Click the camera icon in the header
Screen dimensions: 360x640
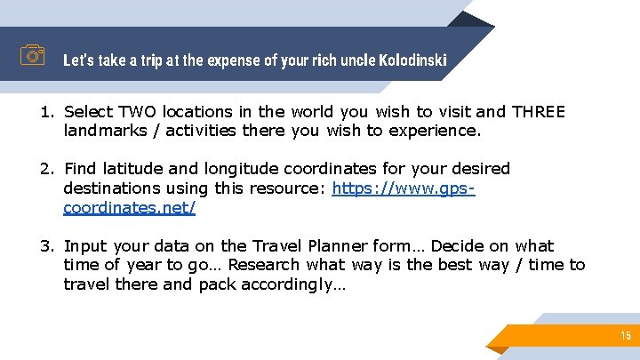(33, 56)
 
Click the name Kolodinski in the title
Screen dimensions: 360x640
(412, 60)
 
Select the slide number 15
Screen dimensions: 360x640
(626, 335)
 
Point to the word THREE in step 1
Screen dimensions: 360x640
(538, 112)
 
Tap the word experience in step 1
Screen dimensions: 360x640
(437, 131)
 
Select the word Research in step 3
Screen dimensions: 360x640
(267, 265)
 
